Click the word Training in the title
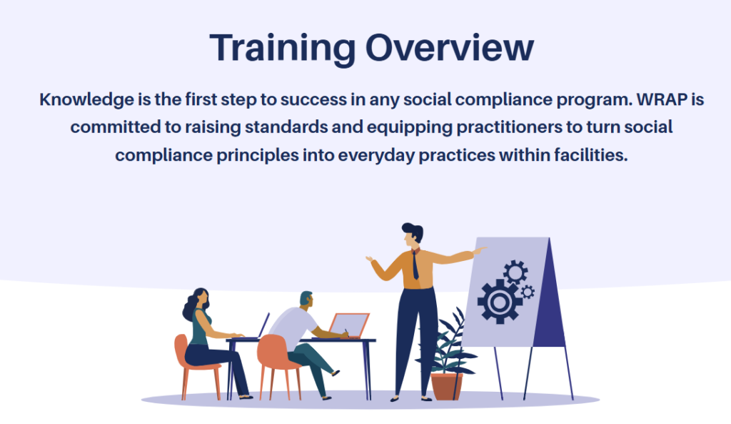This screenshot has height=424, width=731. pyautogui.click(x=283, y=48)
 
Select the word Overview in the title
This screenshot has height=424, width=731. pyautogui.click(x=450, y=48)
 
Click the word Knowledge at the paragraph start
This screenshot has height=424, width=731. pyautogui.click(x=86, y=100)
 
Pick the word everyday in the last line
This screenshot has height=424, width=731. pyautogui.click(x=376, y=155)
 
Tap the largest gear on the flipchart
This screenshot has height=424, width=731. pyautogui.click(x=499, y=302)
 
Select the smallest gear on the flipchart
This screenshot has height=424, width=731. pyautogui.click(x=528, y=292)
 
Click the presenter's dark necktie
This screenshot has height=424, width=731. pyautogui.click(x=415, y=265)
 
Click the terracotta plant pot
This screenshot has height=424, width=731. pyautogui.click(x=447, y=385)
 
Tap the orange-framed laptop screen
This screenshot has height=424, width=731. pyautogui.click(x=349, y=325)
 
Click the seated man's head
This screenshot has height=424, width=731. pyautogui.click(x=306, y=300)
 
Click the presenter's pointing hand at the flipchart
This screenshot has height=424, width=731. pyautogui.click(x=479, y=251)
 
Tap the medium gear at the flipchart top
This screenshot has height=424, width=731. pyautogui.click(x=515, y=272)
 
